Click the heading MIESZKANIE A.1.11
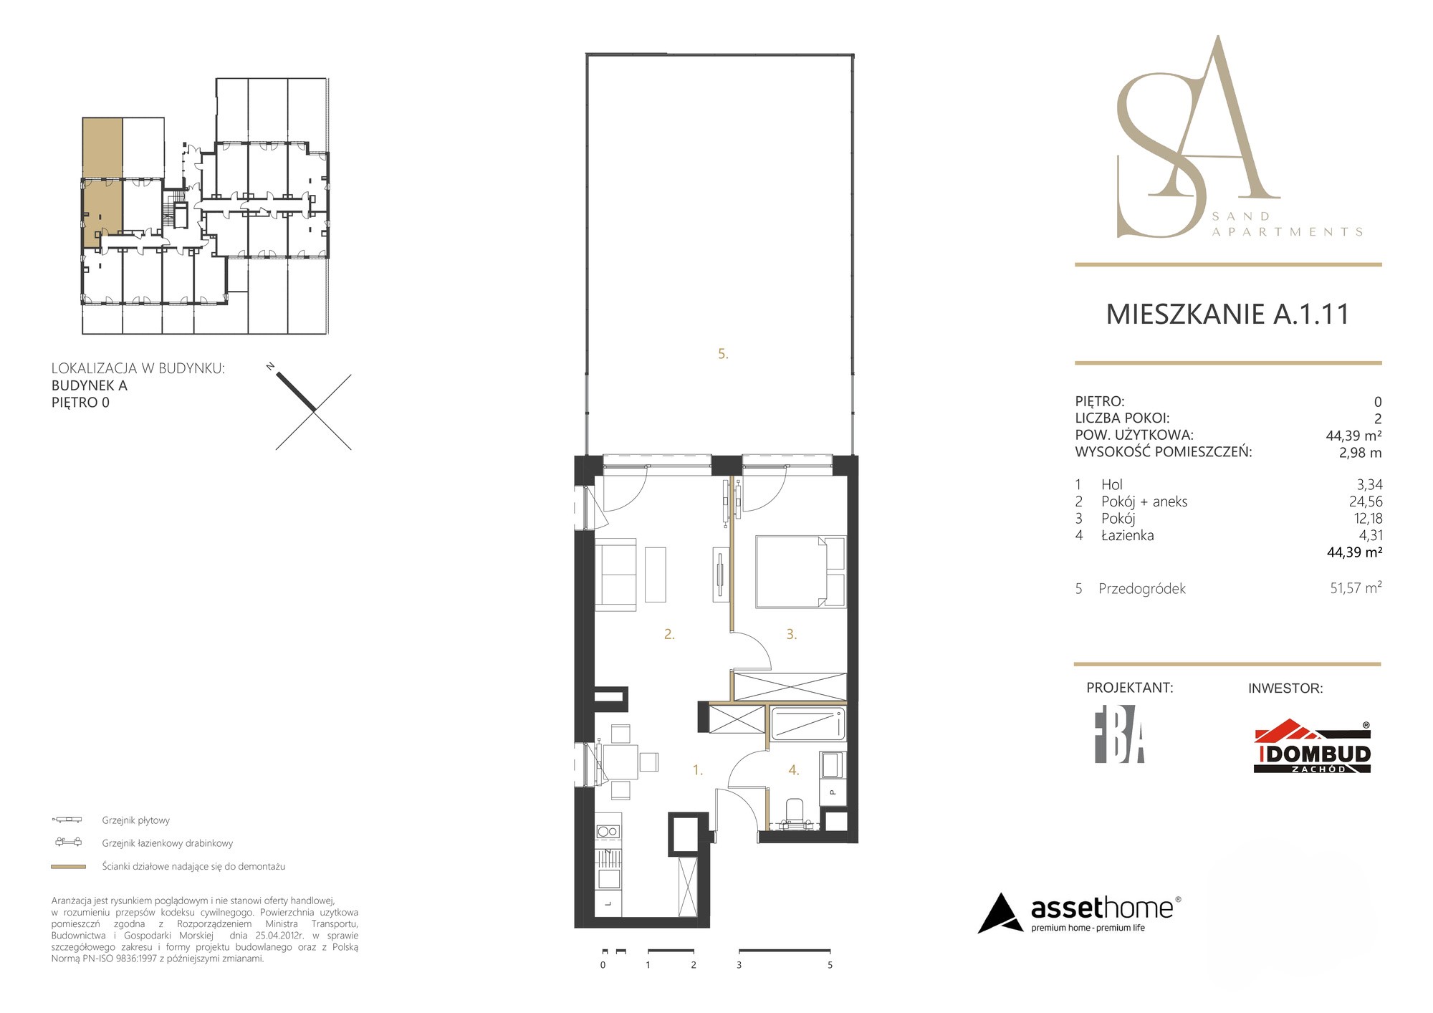[1227, 315]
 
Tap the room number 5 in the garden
[723, 354]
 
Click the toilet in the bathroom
[795, 815]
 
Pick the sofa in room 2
[615, 575]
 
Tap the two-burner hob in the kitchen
[608, 832]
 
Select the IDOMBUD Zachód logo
[1312, 747]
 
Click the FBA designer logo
[1119, 739]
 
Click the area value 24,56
[1366, 501]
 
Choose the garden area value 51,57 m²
[1356, 588]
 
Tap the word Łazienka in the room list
[1128, 535]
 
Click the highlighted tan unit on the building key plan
[102, 183]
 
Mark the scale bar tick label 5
[830, 965]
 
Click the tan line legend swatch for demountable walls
[69, 867]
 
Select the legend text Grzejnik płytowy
[136, 820]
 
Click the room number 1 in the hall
[697, 770]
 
